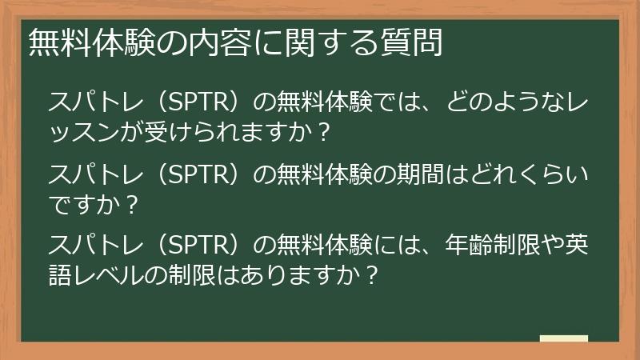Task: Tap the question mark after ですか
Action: (x=132, y=204)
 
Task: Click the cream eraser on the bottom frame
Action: (x=564, y=338)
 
